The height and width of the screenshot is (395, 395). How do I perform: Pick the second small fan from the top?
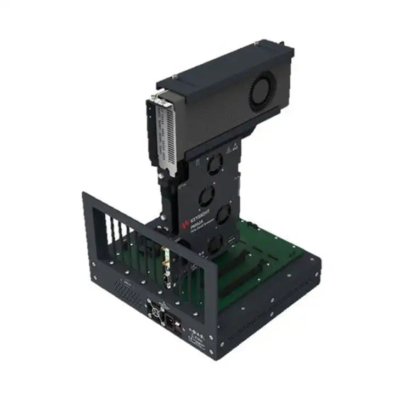pyautogui.click(x=206, y=194)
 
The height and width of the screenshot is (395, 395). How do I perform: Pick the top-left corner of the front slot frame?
pyautogui.click(x=84, y=193)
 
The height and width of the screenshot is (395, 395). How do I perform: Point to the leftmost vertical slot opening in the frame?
pyautogui.click(x=99, y=225)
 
